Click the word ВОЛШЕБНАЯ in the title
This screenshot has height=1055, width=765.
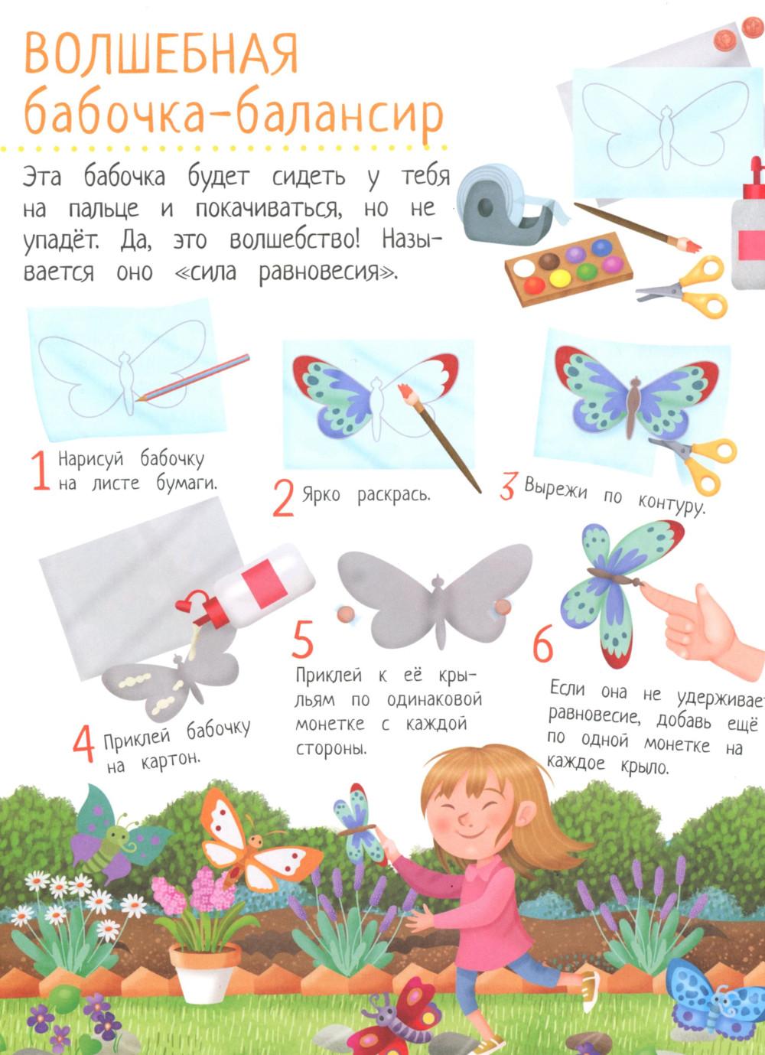pyautogui.click(x=161, y=53)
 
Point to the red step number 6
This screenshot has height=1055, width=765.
pyautogui.click(x=542, y=643)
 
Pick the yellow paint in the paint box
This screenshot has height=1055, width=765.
pyautogui.click(x=560, y=278)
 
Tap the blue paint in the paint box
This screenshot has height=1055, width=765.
pyautogui.click(x=601, y=247)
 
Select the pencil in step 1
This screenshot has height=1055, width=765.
pyautogui.click(x=193, y=377)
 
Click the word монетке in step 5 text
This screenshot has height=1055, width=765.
pyautogui.click(x=329, y=724)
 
